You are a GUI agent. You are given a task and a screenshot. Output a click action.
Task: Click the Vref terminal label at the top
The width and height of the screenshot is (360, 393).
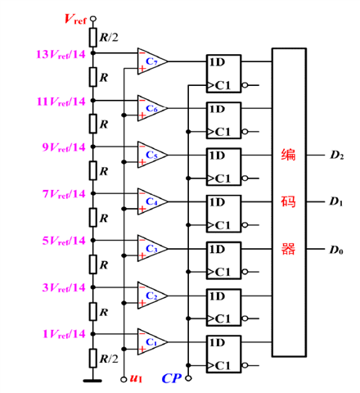pos(75,19)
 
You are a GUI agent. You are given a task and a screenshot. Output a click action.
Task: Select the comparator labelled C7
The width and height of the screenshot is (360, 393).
pos(152,61)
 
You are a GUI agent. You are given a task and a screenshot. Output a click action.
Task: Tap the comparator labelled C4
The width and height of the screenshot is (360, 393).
pos(152,201)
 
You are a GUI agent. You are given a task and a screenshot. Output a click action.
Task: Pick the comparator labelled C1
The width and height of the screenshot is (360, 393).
pos(152,342)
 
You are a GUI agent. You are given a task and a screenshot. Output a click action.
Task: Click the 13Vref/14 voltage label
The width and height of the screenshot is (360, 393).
pos(61,54)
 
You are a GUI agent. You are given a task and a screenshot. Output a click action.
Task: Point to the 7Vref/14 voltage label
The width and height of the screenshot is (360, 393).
pos(64,194)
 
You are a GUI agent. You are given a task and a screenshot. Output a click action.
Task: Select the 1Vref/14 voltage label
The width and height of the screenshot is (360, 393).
pos(64,334)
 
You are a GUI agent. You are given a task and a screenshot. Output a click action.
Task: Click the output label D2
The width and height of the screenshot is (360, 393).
pos(337,155)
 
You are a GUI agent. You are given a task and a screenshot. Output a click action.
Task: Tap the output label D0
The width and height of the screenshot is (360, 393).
pos(336,250)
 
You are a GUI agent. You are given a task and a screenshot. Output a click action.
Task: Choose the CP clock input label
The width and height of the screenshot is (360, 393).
pos(172,378)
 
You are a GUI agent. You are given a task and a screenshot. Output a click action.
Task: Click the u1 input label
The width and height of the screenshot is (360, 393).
pos(136,378)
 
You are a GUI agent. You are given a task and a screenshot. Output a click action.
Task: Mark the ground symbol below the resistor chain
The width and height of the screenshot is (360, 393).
pos(92,381)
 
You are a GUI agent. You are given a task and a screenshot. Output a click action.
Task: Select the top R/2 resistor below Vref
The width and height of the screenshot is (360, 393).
pos(93,38)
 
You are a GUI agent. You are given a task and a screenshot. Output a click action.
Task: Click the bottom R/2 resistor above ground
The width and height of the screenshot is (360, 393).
pos(93,358)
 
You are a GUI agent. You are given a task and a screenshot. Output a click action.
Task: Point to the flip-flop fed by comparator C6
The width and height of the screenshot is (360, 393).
pos(223,120)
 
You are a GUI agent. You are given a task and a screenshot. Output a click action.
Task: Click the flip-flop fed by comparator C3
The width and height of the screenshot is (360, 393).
pos(223,260)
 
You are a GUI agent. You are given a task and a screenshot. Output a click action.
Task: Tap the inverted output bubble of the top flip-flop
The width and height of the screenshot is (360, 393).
pos(245,85)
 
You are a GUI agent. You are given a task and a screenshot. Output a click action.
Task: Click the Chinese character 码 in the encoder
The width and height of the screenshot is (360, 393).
pos(288,202)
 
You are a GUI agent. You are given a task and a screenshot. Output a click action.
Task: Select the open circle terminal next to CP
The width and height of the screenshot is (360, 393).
pos(188,378)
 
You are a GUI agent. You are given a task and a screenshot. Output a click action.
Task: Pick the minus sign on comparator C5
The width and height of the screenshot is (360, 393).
pos(142,147)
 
